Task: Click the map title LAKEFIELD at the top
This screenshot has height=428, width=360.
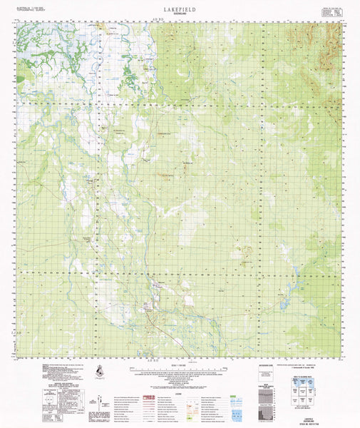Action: [180, 6]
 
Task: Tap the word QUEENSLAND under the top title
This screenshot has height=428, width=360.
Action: [180, 12]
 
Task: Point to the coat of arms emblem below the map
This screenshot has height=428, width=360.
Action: [97, 372]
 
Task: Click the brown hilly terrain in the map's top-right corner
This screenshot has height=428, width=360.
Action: [328, 43]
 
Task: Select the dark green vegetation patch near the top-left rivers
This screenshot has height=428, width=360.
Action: [129, 71]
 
